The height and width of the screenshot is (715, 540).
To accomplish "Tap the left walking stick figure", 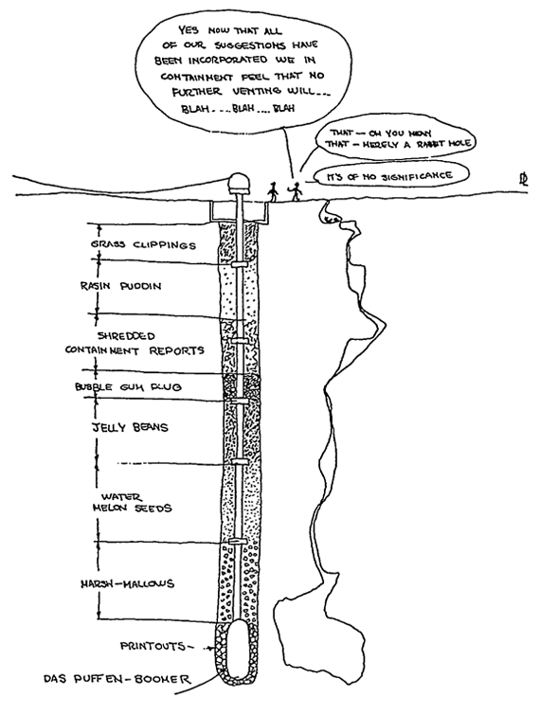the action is coord(272,191).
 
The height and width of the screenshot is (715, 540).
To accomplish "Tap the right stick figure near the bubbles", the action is coord(295,192).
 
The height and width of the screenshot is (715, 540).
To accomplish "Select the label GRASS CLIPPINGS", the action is coord(143,245).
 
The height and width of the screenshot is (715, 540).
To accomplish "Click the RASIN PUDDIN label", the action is coord(120,286).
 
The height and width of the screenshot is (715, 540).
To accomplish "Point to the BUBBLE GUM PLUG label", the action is coord(129,387).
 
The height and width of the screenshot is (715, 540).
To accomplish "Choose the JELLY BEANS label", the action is coord(131,427).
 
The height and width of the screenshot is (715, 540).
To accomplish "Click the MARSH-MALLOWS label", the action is coord(127,583).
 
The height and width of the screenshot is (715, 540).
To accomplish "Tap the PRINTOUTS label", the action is coord(153,646).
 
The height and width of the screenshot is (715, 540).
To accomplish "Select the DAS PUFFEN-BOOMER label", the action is coord(117,679).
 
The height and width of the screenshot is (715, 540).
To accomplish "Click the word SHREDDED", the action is coord(126,336).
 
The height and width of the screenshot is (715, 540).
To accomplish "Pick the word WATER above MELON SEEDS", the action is coord(122,496).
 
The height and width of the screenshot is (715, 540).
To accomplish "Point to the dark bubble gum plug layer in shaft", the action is coord(241,386).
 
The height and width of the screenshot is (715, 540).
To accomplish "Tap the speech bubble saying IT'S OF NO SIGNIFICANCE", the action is coord(390,176).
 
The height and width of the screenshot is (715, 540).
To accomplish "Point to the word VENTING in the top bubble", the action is coord(257,91).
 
